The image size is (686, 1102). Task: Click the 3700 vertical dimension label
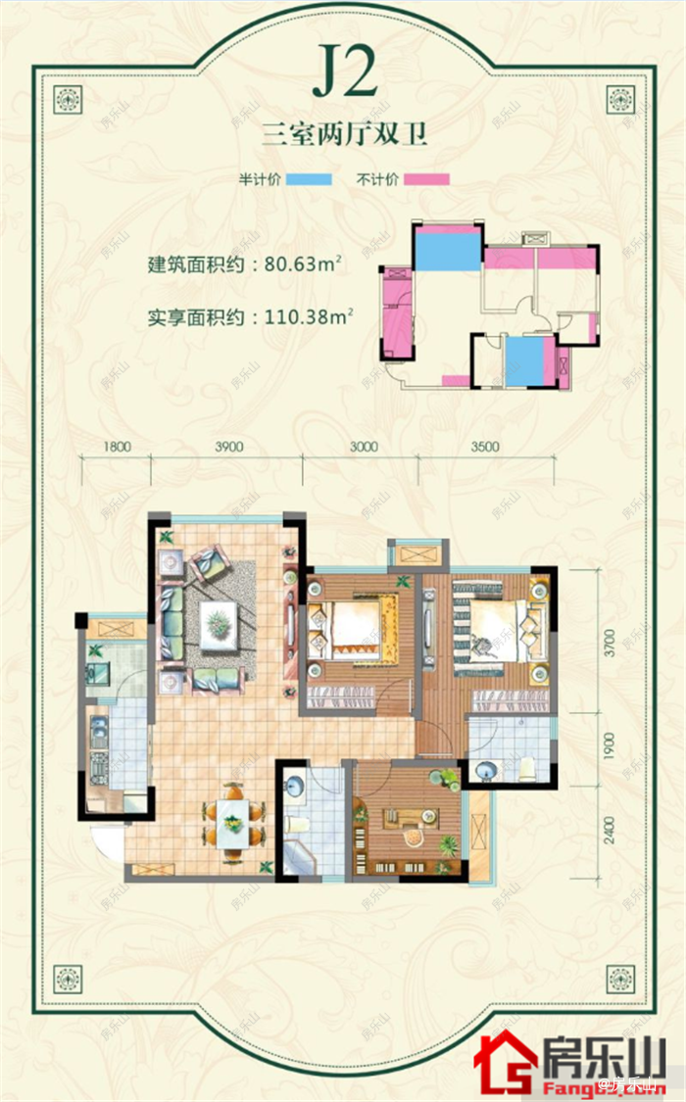point(609,643)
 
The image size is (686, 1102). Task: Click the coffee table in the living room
point(218,622)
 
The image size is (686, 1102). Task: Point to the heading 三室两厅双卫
point(344,135)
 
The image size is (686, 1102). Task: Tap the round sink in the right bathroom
point(483,771)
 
